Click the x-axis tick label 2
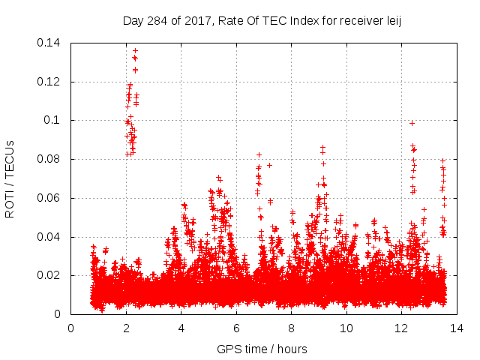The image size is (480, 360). tap(126, 328)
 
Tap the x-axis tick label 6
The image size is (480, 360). tap(236, 328)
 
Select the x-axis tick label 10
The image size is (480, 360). tap(346, 328)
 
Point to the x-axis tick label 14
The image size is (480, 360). tap(456, 328)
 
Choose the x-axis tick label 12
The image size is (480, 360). tap(401, 328)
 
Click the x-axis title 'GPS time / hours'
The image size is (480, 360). tap(262, 349)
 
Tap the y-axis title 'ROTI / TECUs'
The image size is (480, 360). tap(10, 178)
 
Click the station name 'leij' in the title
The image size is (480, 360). tap(391, 20)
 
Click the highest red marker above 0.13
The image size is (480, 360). tap(135, 51)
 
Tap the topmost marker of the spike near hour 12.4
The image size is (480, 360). tap(412, 123)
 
